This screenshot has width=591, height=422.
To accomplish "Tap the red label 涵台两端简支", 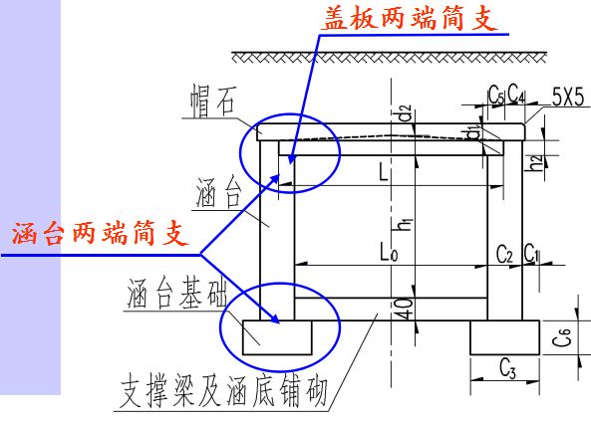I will click(x=99, y=235).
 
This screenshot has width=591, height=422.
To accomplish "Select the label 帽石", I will click(x=214, y=100).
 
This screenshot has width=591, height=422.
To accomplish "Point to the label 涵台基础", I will click(x=176, y=296).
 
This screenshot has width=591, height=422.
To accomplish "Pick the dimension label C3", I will click(x=505, y=373).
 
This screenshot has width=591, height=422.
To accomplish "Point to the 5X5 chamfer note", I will click(x=568, y=96).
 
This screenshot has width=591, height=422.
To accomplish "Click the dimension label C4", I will click(x=516, y=95).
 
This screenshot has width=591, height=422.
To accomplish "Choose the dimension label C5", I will click(x=495, y=95).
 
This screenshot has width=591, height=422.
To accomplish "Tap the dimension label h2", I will click(x=536, y=162).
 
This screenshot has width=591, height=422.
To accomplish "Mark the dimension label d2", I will click(x=405, y=112).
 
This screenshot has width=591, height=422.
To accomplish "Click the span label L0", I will click(x=388, y=255).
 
